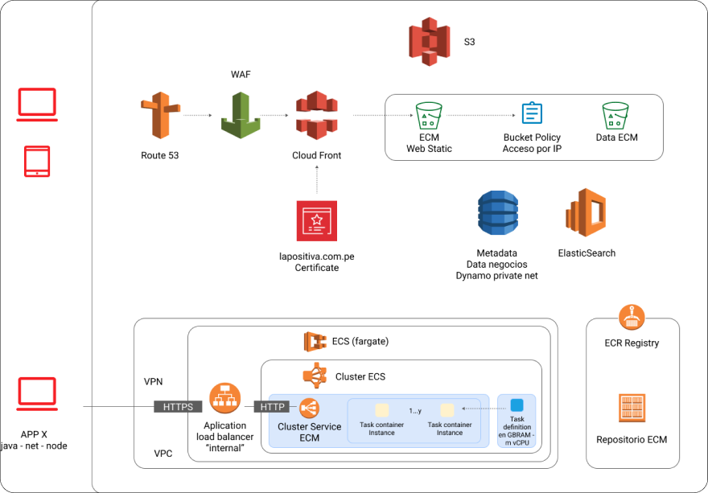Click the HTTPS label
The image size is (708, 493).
point(178,407)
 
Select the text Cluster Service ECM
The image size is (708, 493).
point(309,432)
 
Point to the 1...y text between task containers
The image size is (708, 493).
point(415,411)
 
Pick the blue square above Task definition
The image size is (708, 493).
point(517,405)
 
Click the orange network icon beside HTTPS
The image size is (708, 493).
point(224,398)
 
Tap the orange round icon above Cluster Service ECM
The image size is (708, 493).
point(309,408)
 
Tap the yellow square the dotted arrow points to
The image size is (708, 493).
point(447,409)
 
